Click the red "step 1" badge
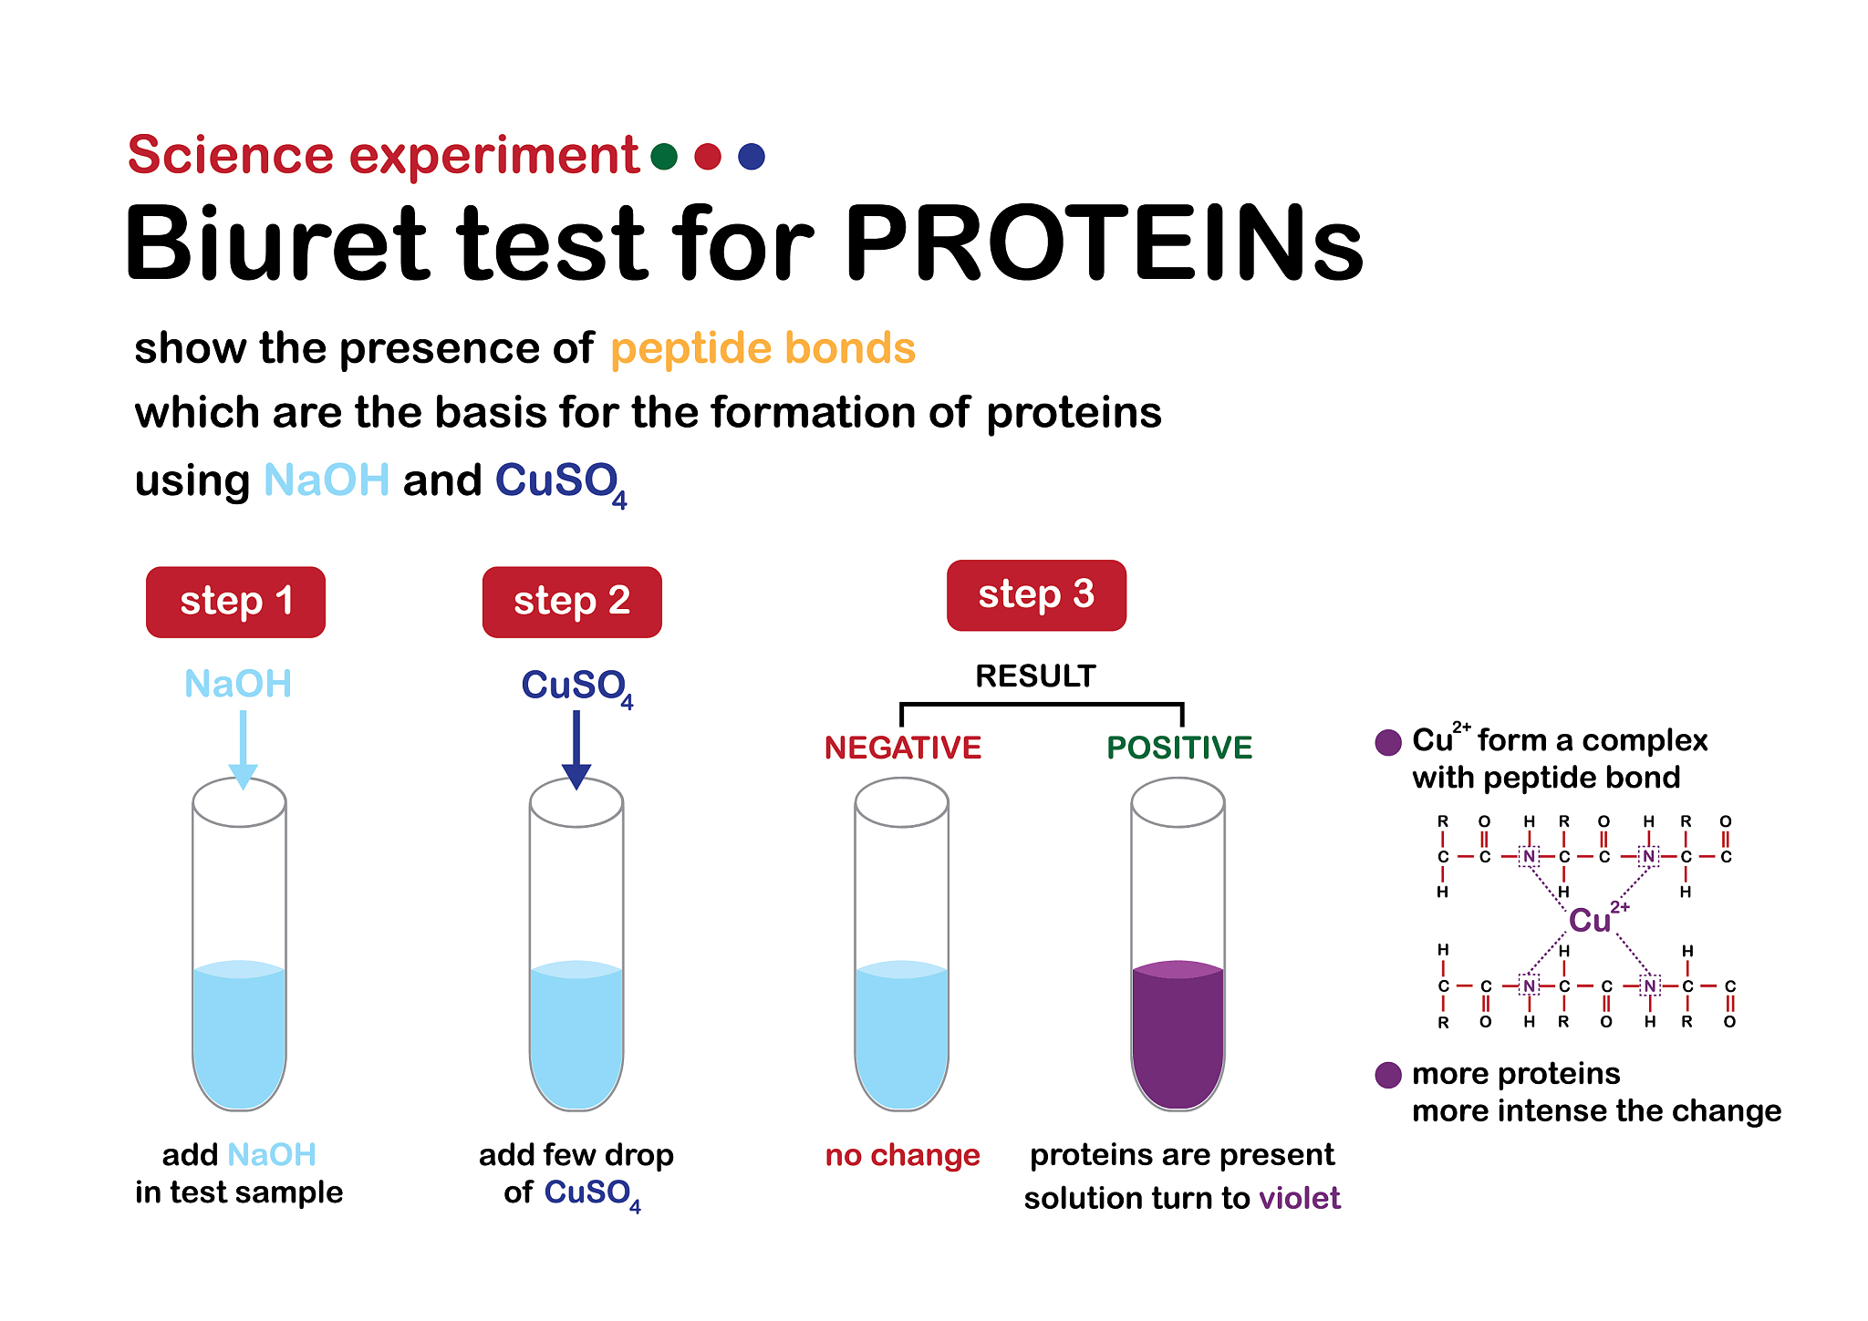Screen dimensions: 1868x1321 click(235, 602)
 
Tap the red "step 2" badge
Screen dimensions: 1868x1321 click(572, 602)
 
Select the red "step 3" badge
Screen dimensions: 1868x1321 click(1036, 595)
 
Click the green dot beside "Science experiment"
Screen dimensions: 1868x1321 click(664, 157)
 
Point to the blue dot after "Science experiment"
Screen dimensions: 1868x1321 click(752, 157)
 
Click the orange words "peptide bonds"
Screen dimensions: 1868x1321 click(763, 349)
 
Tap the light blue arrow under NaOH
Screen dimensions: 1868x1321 click(243, 749)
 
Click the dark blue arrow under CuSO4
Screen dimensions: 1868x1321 click(576, 749)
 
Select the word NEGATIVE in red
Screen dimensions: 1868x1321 click(903, 748)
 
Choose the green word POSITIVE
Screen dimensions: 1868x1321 click(1179, 748)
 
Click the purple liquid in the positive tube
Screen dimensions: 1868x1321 click(1178, 1035)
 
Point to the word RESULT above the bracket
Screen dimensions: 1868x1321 click(1035, 676)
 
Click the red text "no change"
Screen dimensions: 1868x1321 click(902, 1155)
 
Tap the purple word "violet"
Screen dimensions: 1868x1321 click(1300, 1197)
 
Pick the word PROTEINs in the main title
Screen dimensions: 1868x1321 click(1104, 243)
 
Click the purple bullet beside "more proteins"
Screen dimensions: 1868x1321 click(1388, 1075)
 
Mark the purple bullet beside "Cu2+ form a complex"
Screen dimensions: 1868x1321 click(1388, 742)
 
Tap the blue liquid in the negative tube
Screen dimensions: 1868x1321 click(901, 1035)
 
